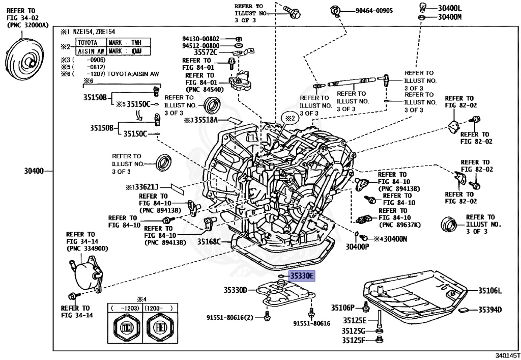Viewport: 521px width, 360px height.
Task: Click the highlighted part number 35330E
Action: pos(302,276)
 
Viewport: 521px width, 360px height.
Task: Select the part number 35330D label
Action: pos(235,290)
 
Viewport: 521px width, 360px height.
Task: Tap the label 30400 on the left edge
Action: pos(34,170)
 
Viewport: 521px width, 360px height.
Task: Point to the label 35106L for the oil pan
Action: pos(489,291)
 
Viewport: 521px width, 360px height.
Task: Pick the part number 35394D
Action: pos(489,310)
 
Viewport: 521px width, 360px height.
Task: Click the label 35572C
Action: pos(206,52)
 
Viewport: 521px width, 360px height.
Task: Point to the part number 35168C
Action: pos(209,241)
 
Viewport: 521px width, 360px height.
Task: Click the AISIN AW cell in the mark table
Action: pos(91,51)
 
